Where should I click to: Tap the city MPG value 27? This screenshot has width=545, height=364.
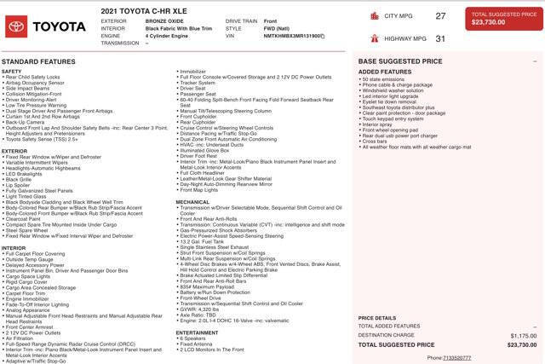[440, 15]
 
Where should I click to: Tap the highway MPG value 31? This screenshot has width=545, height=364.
[440, 38]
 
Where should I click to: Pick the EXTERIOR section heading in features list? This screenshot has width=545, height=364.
[15, 151]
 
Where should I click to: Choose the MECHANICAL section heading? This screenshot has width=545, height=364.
[192, 202]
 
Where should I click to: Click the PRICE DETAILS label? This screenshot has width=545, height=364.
[376, 317]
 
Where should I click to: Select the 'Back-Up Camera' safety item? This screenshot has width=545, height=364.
[26, 122]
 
